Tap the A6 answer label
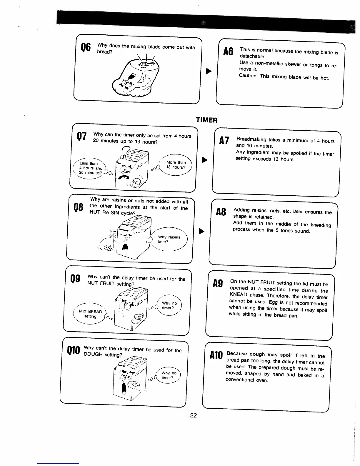click(x=228, y=52)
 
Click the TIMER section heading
click(x=206, y=120)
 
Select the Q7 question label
click(x=81, y=137)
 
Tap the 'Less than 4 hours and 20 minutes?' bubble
click(x=89, y=168)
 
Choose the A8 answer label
click(x=221, y=212)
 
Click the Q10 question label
click(x=74, y=350)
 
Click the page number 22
click(x=193, y=415)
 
